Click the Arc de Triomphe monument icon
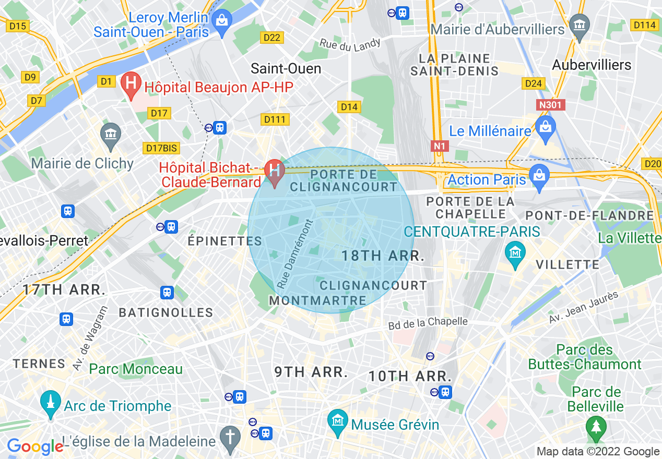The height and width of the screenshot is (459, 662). (x=51, y=404)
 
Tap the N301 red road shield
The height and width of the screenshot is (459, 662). (x=550, y=105)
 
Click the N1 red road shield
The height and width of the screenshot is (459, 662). (x=440, y=146)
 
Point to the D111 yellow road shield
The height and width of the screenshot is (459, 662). (x=275, y=119)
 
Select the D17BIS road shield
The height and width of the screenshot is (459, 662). (x=161, y=148)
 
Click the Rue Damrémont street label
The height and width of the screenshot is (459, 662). (x=295, y=254)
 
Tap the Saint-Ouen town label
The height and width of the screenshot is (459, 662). (x=286, y=68)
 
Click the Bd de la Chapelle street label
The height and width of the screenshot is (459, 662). (x=428, y=323)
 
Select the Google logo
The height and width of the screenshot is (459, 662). (x=34, y=446)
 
